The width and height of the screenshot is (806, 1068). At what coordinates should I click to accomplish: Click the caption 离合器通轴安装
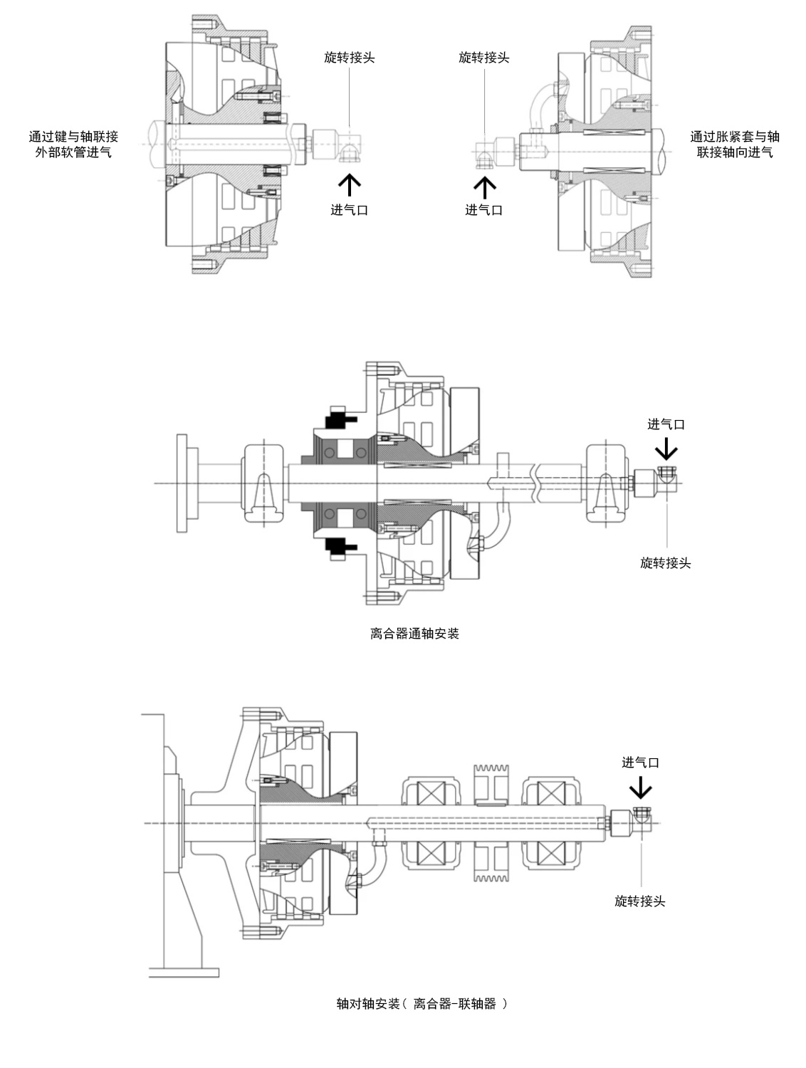[414, 634]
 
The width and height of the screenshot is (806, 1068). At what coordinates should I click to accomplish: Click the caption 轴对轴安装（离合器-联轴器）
[422, 1004]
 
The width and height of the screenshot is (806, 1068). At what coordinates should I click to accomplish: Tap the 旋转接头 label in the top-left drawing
[350, 58]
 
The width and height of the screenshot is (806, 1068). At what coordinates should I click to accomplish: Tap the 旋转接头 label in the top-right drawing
[484, 58]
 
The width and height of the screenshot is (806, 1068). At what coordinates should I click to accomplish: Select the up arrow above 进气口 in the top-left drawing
[350, 185]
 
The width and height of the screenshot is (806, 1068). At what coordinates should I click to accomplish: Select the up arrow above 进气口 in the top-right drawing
[484, 187]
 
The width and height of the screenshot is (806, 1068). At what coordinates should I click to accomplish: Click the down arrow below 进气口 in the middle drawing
[666, 449]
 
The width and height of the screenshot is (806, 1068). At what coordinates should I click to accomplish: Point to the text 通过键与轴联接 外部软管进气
[73, 144]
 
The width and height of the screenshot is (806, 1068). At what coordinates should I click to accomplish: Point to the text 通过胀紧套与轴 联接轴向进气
[735, 144]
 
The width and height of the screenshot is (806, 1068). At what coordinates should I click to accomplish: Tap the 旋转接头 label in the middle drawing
[666, 563]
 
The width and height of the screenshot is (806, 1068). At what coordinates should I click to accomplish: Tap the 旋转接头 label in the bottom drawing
[639, 901]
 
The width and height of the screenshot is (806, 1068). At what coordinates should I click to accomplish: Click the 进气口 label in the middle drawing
[666, 424]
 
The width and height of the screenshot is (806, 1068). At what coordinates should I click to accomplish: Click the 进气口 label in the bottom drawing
[640, 763]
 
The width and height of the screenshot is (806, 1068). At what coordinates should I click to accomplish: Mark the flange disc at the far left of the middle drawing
[182, 483]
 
